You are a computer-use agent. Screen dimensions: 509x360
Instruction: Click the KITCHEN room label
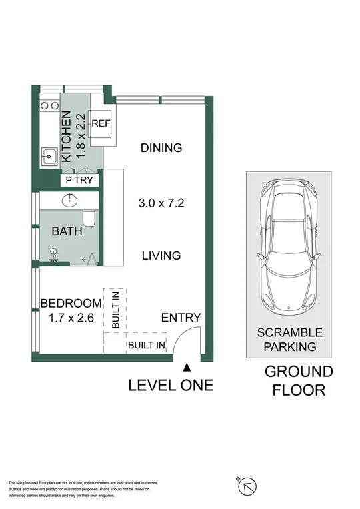click(67, 138)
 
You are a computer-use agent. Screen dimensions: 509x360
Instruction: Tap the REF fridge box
click(101, 124)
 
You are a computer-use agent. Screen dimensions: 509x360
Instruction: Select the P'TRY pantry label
click(80, 181)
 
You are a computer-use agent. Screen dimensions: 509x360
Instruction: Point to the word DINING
click(161, 148)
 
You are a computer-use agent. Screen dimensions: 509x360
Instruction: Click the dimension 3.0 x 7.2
click(161, 202)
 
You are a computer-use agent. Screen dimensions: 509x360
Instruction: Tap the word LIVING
click(161, 255)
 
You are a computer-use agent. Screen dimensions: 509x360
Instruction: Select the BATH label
click(67, 232)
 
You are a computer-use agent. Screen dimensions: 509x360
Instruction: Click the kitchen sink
click(48, 157)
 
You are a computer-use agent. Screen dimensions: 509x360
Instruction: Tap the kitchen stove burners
click(49, 105)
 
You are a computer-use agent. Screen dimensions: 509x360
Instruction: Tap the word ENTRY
click(181, 318)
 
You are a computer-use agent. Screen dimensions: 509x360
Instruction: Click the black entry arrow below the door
click(188, 366)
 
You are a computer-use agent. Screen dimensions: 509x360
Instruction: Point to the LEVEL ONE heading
click(171, 385)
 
